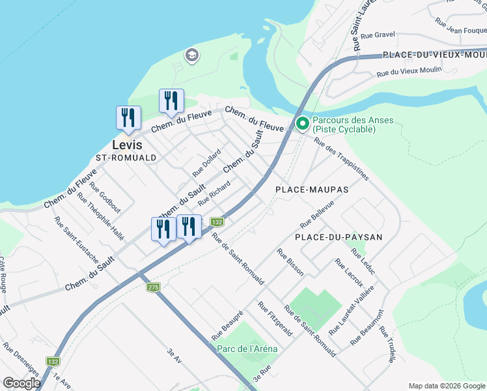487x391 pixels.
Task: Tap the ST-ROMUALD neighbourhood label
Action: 126,158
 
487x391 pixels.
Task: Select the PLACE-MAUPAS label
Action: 312,190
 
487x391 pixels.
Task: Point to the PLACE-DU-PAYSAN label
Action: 339,237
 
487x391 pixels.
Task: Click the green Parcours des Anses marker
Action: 302,123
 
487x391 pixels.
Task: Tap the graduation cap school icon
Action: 191,55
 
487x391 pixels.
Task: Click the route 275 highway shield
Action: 153,287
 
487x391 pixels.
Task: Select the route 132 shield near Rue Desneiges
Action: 53,361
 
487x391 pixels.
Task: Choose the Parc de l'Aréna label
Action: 247,349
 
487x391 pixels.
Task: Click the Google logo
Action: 21,383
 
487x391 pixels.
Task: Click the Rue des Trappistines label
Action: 341,158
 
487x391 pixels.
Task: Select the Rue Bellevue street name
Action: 317,214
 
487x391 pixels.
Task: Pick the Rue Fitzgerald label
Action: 274,319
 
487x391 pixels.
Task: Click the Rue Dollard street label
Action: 206,163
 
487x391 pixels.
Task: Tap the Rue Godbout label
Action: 105,197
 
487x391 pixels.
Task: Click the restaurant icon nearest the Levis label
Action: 128,117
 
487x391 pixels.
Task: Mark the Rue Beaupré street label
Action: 227,325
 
